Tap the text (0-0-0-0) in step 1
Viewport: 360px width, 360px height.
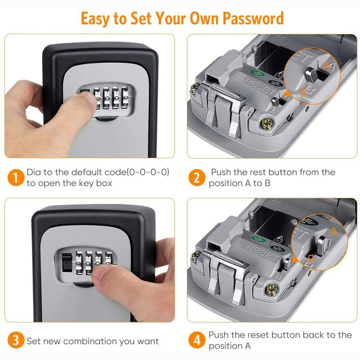coord(148,172)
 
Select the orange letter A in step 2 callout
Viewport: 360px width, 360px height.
coord(327,66)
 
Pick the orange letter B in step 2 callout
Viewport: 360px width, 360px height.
coord(303,93)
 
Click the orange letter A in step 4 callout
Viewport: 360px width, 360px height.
coord(334,231)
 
